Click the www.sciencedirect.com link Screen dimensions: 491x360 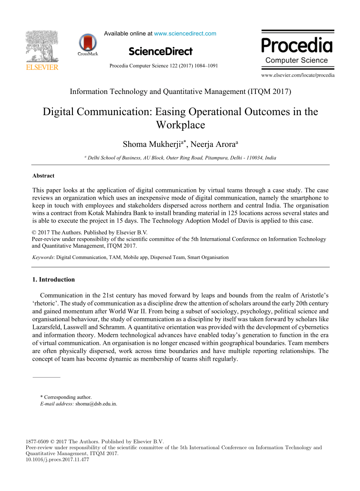[x=185, y=33]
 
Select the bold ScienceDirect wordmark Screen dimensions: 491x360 [x=161, y=52]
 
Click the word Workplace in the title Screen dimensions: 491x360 [x=180, y=125]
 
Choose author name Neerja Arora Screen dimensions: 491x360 [x=213, y=145]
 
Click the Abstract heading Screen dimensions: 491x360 [x=43, y=176]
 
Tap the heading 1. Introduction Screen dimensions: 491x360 [x=53, y=279]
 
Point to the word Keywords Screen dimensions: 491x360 [x=43, y=257]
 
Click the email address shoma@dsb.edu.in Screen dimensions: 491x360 [x=96, y=404]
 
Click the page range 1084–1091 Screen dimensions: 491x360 [x=207, y=66]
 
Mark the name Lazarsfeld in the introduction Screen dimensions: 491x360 [x=47, y=328]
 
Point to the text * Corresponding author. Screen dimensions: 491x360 [x=66, y=397]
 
